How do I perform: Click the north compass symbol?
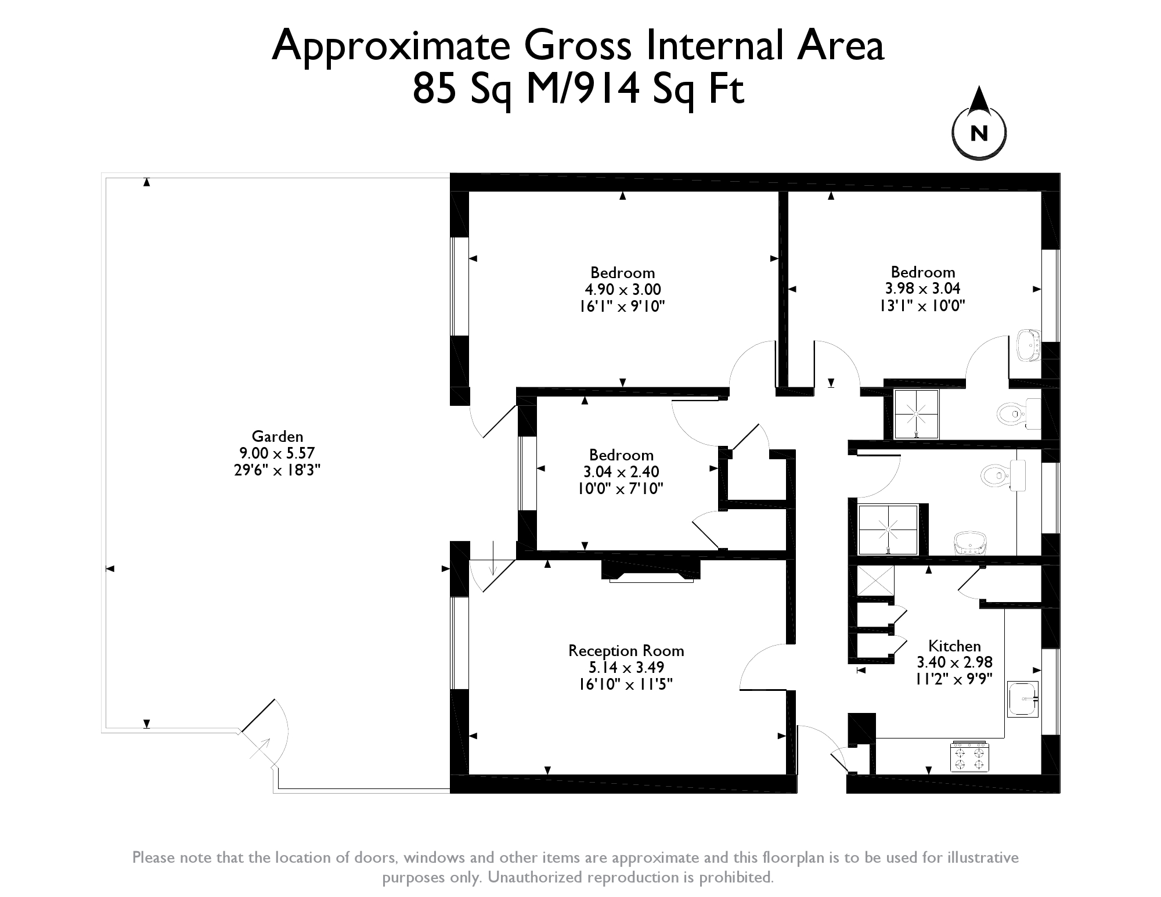pyautogui.click(x=979, y=124)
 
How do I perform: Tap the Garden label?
pyautogui.click(x=277, y=436)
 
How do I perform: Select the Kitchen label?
pyautogui.click(x=954, y=646)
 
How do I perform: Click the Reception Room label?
pyautogui.click(x=626, y=651)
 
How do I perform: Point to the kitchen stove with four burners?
pyautogui.click(x=969, y=756)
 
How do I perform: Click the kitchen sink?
pyautogui.click(x=1022, y=699)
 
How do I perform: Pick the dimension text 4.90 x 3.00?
pyautogui.click(x=623, y=289)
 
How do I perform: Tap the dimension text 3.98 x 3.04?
pyautogui.click(x=922, y=288)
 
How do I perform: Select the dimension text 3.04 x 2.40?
pyautogui.click(x=621, y=471)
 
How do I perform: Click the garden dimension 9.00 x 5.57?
pyautogui.click(x=277, y=453)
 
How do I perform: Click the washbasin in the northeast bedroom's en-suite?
pyautogui.click(x=1029, y=346)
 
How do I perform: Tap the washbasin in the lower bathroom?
pyautogui.click(x=971, y=543)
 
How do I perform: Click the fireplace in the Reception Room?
pyautogui.click(x=651, y=570)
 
